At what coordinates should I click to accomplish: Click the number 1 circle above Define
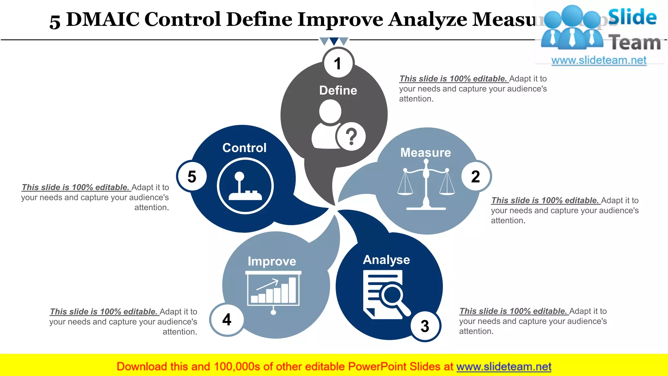[x=338, y=63]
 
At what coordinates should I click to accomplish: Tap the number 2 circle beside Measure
[x=476, y=177]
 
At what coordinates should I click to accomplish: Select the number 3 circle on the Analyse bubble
[x=425, y=326]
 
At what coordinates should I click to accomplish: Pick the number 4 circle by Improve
[x=227, y=320]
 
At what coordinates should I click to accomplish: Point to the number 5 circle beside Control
[x=192, y=177]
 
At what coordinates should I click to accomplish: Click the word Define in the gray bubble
[x=338, y=90]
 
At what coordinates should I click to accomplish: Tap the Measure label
[x=426, y=152]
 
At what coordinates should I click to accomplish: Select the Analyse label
[x=387, y=260]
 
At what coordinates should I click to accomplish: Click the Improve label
[x=272, y=261]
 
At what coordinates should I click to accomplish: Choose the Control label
[x=244, y=148]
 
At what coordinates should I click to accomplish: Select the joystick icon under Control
[x=245, y=186]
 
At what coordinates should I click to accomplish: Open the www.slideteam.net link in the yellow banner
[x=504, y=367]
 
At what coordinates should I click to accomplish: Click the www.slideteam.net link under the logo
[x=599, y=60]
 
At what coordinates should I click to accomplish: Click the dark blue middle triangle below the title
[x=334, y=41]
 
